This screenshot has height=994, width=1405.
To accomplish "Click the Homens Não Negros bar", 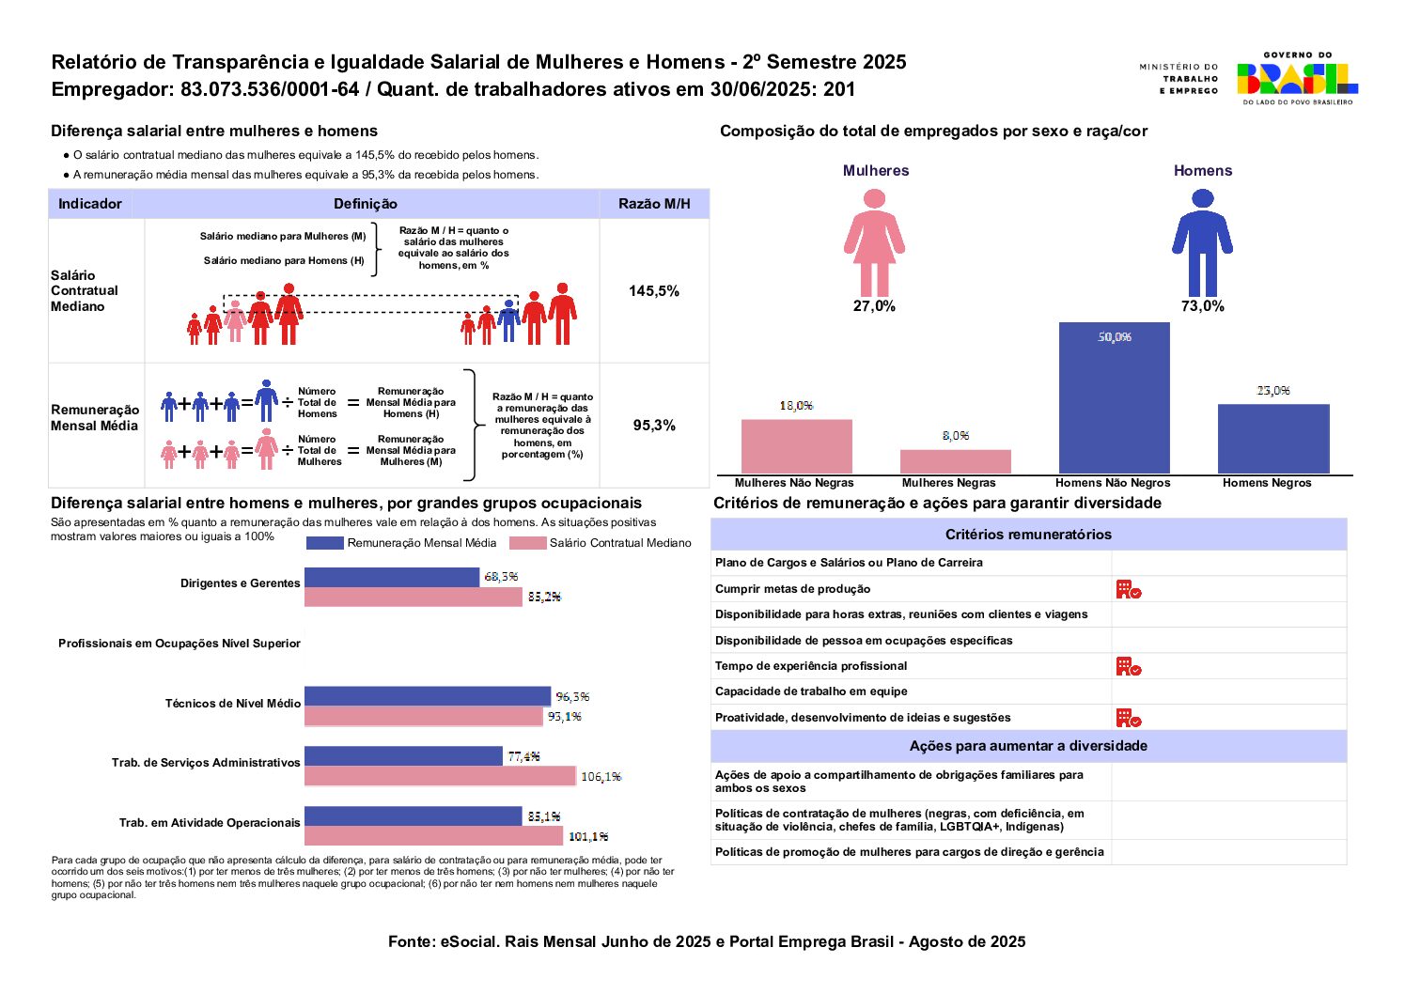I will pos(1114,397).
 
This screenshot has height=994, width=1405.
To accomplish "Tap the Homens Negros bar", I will pos(1273,438).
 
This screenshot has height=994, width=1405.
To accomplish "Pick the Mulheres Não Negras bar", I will pos(796,445).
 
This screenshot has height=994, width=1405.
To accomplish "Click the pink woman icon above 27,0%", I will pos(874,242).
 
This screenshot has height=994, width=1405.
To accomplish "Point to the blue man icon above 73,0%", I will pos(1202,242).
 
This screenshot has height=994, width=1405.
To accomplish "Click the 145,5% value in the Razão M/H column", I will pos(654,291).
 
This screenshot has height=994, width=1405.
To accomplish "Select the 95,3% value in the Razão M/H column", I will pos(654,426).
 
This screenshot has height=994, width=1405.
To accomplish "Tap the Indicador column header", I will pos(90,204).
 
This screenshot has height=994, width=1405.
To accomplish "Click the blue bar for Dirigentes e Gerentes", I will pos(392,577).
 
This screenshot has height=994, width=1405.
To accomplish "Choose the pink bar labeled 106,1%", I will pos(440,776).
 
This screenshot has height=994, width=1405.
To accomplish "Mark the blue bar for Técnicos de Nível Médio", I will pos(428,696).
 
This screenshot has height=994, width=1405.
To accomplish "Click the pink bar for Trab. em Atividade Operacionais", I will pos(433,835).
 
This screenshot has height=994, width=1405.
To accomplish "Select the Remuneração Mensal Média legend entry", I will pos(402,543).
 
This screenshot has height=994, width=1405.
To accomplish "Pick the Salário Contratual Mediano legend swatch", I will pos(527,543).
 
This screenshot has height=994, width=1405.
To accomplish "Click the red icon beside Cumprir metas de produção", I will pos(1128,589).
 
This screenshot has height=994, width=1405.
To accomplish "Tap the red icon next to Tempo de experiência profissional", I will pos(1128,666).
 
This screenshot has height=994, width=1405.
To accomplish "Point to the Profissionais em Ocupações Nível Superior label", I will pos(180,644).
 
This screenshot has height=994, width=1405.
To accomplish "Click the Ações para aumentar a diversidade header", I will pos(1028,746).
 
